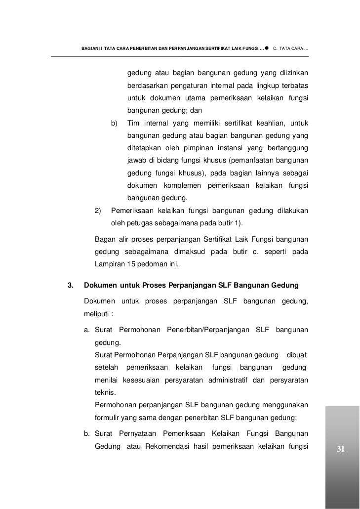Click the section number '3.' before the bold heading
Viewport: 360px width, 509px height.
click(70, 285)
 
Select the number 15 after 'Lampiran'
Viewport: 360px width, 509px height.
click(129, 264)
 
